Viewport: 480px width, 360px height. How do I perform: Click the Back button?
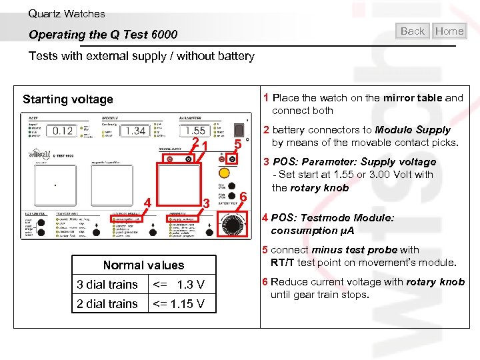(413, 31)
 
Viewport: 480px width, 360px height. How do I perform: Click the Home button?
(449, 31)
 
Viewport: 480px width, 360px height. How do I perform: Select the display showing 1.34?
(135, 131)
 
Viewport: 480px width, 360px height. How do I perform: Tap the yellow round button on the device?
(224, 172)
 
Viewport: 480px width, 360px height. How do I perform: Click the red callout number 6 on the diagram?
(244, 197)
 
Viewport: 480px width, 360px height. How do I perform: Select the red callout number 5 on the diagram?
(237, 145)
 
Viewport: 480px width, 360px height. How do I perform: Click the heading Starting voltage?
(68, 99)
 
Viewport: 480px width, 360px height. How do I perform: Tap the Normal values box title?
(143, 265)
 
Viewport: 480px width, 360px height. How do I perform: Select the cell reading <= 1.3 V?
(179, 285)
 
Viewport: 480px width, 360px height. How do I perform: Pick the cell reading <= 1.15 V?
(179, 304)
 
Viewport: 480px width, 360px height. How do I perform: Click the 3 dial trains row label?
(107, 285)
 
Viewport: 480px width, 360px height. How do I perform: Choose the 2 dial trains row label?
(107, 304)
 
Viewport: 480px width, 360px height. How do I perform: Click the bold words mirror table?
(412, 97)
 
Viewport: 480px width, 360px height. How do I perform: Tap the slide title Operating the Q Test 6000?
(103, 34)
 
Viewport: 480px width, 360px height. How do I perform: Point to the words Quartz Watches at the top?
(67, 13)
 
